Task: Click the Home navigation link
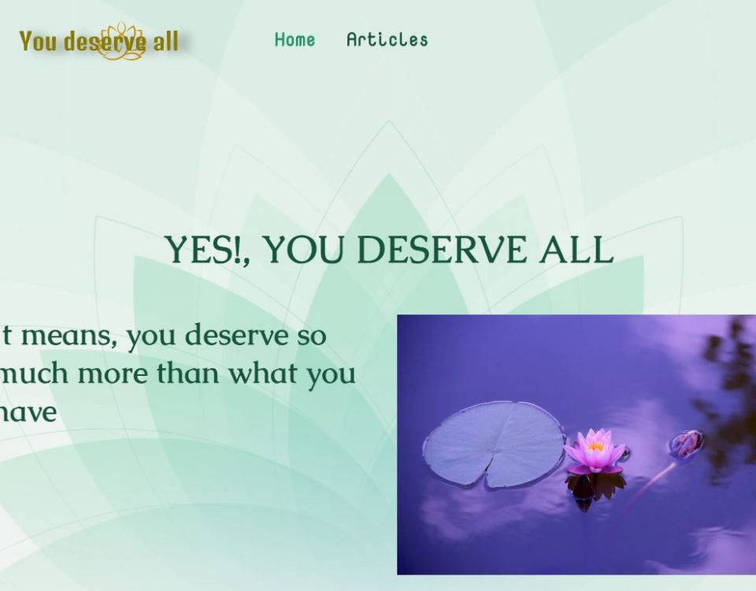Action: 295,39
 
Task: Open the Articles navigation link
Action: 387,39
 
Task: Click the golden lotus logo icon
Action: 122,42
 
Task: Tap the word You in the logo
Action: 38,41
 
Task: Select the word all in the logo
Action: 165,41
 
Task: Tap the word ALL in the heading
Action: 576,251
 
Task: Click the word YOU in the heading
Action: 303,251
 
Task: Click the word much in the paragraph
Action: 34,374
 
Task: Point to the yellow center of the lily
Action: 595,447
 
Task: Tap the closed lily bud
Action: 687,444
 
